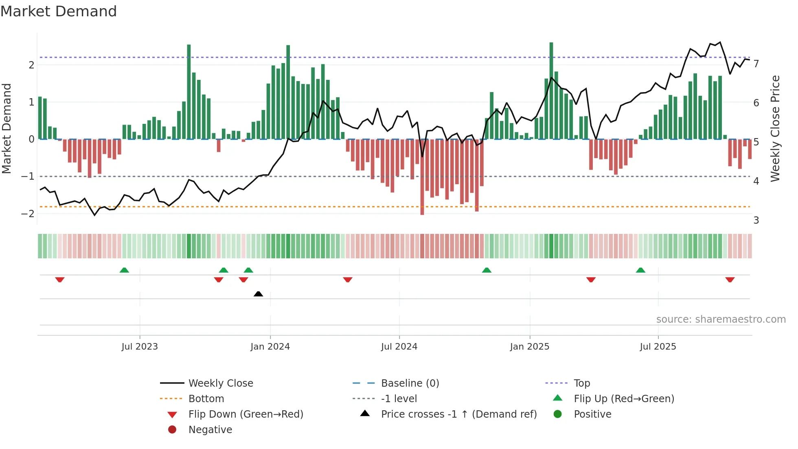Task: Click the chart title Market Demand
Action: (59, 11)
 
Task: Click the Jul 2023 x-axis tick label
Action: (140, 347)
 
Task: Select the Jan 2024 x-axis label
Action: (270, 347)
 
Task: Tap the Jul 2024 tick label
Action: (399, 347)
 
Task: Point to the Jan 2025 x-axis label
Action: (529, 347)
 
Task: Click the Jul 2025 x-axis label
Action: (658, 347)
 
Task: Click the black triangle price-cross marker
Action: (258, 294)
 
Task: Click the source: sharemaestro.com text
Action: (721, 319)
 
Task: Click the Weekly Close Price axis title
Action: (775, 128)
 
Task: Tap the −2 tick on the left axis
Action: (28, 214)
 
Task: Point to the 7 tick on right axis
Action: (756, 64)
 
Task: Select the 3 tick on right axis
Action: (756, 220)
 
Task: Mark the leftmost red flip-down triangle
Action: (60, 280)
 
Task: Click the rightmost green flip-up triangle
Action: (640, 270)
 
